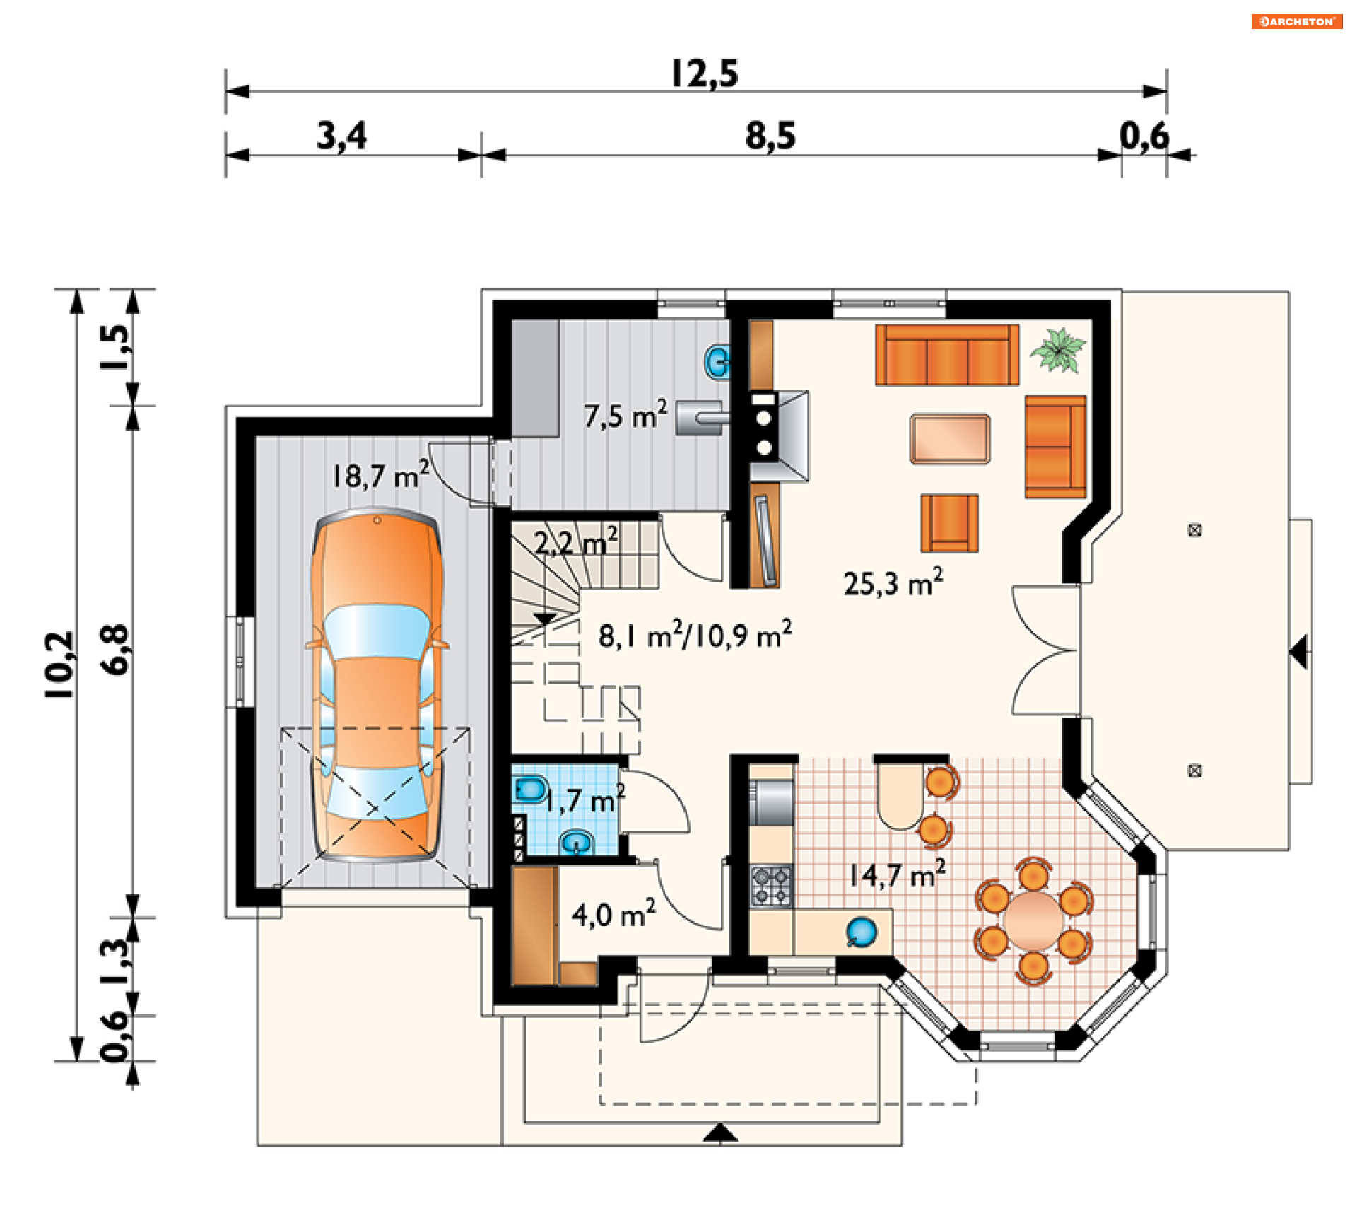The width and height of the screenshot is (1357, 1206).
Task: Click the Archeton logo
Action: click(1296, 21)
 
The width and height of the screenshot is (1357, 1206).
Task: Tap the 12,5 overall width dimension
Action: click(704, 74)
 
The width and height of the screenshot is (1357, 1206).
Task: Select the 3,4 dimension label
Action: click(341, 136)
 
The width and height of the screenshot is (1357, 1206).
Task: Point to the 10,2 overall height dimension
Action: click(59, 665)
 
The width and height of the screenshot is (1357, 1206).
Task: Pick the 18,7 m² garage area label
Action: click(380, 475)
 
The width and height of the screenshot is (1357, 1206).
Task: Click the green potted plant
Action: click(1058, 349)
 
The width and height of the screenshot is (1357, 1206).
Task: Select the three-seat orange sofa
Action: click(947, 355)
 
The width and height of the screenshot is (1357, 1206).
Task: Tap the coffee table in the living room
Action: click(950, 439)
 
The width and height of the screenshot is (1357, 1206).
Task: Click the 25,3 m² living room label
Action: click(893, 582)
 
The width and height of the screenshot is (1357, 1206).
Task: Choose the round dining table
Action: click(1034, 920)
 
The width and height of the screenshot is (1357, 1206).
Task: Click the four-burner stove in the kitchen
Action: click(772, 886)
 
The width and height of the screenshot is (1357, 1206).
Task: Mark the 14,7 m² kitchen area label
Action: click(897, 875)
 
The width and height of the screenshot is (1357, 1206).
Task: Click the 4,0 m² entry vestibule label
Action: click(613, 914)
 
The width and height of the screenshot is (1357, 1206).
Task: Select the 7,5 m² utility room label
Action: click(625, 415)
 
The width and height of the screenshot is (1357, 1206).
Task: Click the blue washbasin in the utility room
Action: click(717, 362)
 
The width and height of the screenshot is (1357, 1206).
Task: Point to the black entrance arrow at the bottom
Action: click(720, 1132)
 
